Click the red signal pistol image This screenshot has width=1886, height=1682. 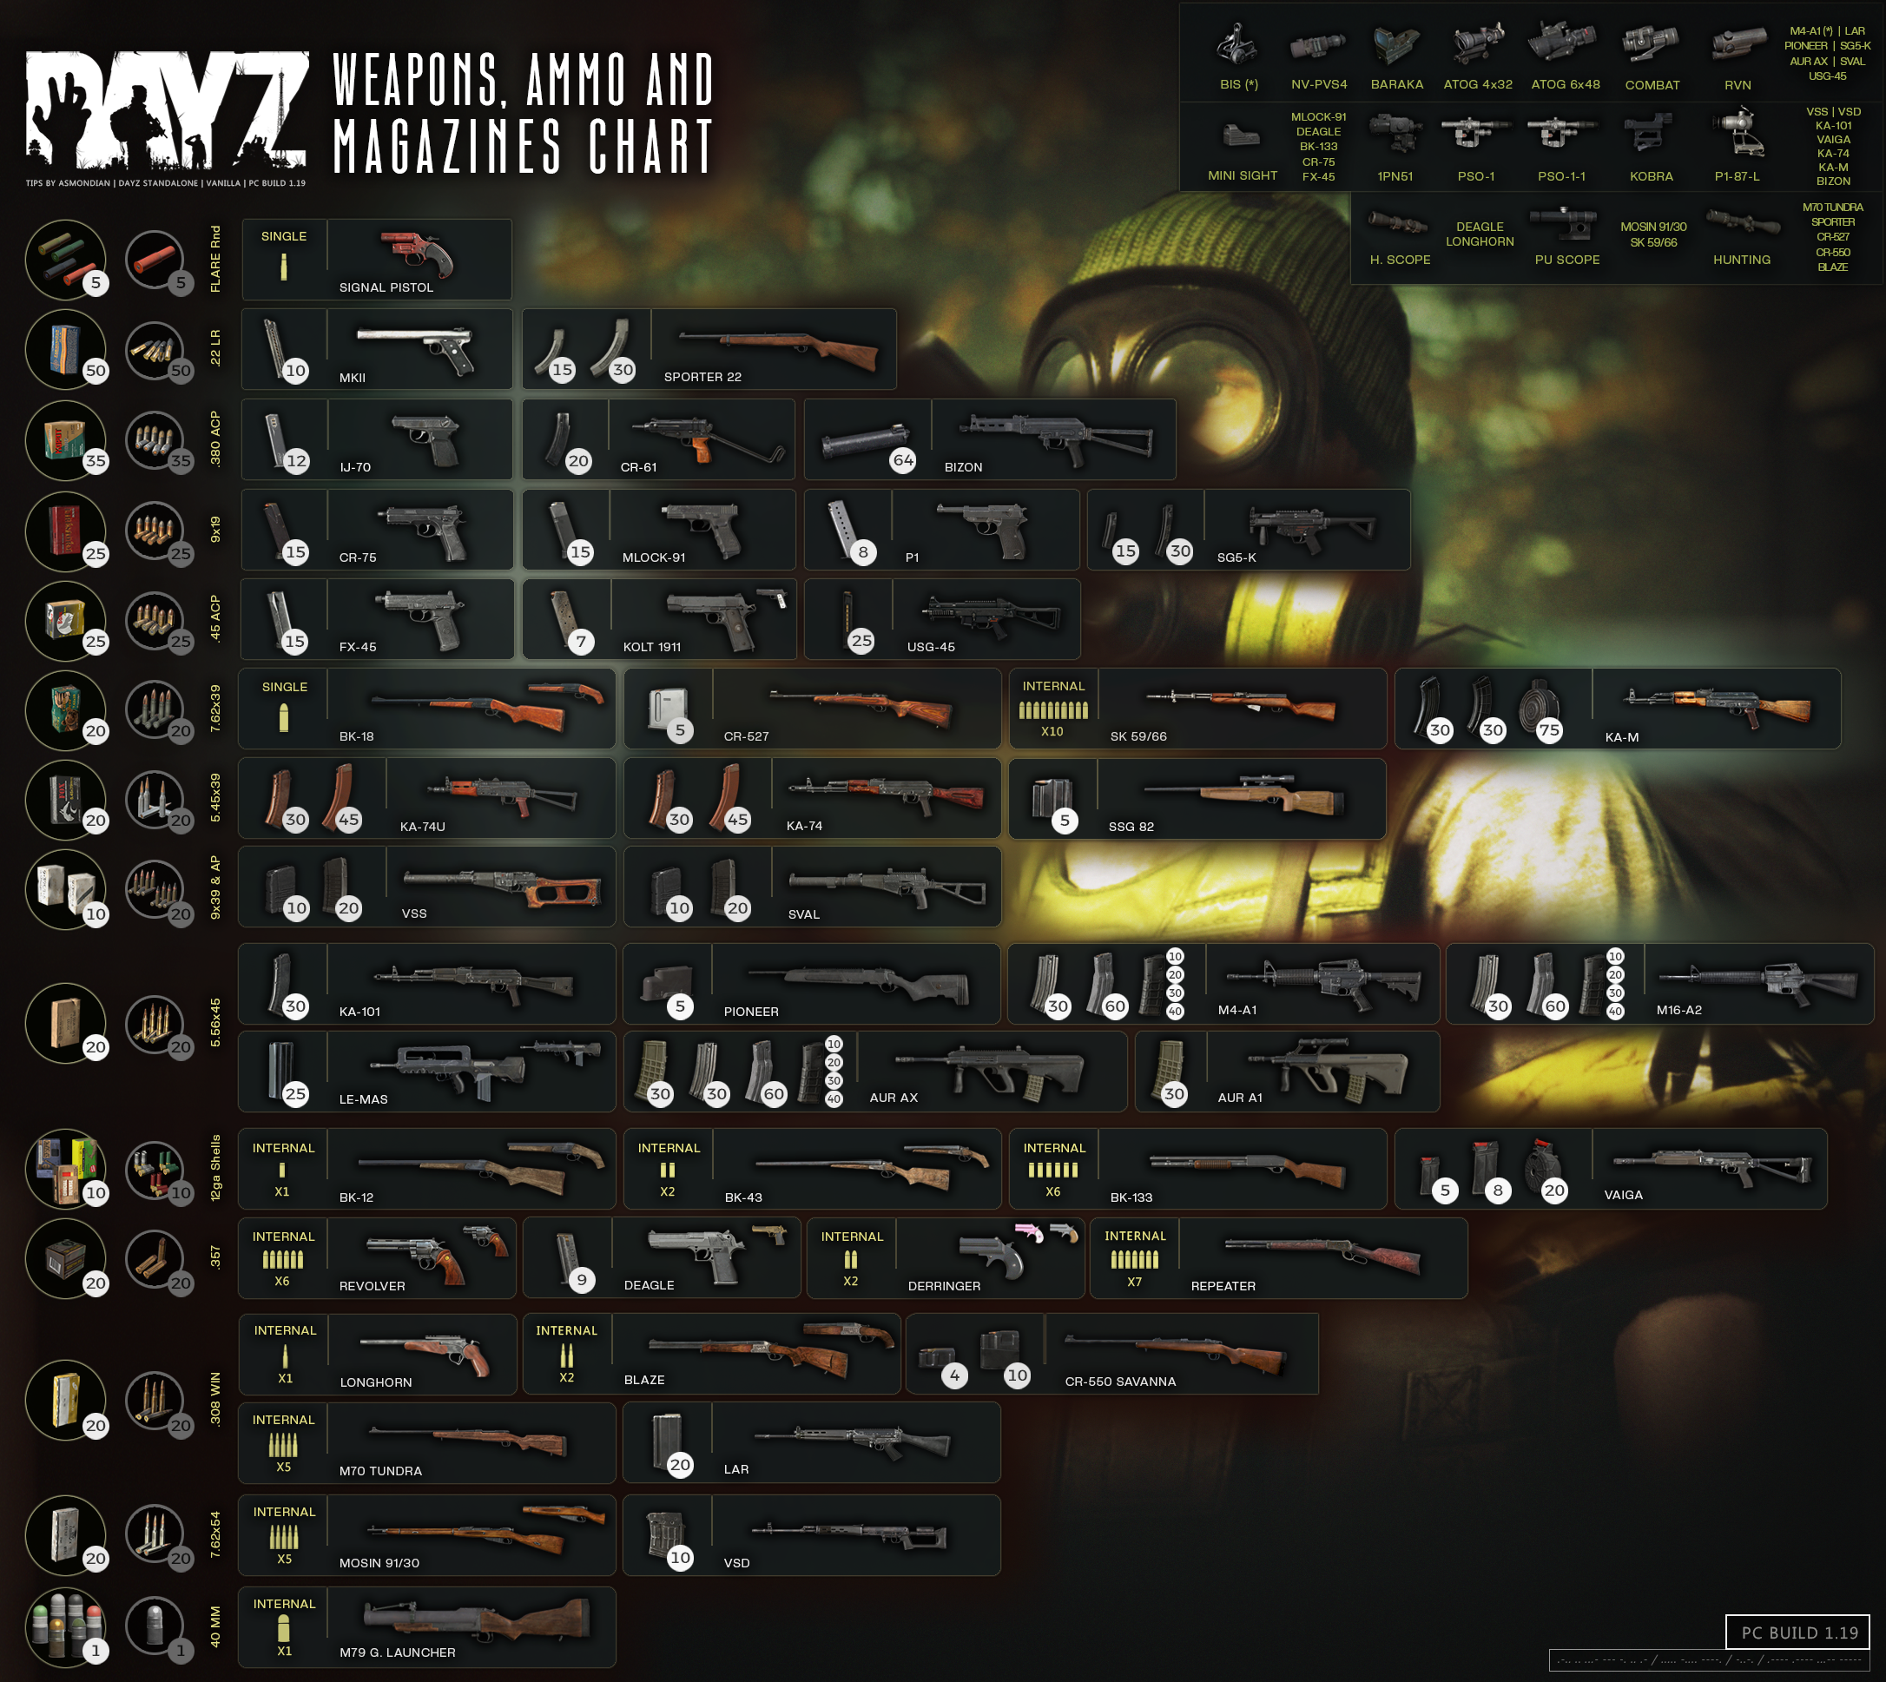(x=418, y=254)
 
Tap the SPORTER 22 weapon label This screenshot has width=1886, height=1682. (x=702, y=377)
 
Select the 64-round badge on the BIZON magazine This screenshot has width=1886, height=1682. (x=903, y=460)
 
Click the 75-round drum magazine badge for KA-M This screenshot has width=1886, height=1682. (x=1549, y=730)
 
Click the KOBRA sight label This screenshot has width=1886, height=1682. (x=1652, y=176)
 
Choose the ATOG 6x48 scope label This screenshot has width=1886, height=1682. (x=1566, y=85)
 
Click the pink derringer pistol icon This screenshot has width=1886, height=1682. (x=1028, y=1232)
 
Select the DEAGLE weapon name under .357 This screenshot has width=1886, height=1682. (x=649, y=1285)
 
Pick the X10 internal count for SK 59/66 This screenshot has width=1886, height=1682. (x=1052, y=732)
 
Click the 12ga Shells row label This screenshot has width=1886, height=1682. (x=215, y=1167)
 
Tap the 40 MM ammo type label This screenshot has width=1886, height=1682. (x=215, y=1626)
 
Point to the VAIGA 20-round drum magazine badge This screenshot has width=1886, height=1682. (x=1554, y=1191)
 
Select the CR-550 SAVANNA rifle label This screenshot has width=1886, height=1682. (x=1120, y=1382)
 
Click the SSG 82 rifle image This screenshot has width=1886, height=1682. (x=1243, y=794)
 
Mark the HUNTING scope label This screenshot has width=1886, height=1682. (x=1742, y=260)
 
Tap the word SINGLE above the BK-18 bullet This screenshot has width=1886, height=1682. (x=285, y=687)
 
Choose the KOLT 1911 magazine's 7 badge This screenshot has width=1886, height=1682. (x=581, y=642)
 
